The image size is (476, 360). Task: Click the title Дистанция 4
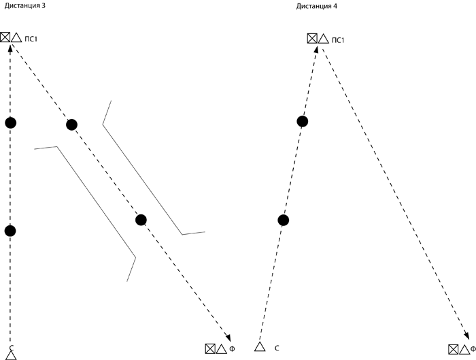tap(317, 5)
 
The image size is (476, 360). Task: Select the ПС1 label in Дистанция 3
tap(32, 38)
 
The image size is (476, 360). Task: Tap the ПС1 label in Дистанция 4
tap(339, 39)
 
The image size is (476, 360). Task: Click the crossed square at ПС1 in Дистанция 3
tap(5, 37)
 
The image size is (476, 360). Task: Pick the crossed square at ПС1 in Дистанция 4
tap(312, 39)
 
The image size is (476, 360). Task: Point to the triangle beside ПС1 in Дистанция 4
tap(324, 39)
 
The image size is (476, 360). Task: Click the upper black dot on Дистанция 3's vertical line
tap(10, 122)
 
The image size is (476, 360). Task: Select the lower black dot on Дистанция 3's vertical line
tap(10, 231)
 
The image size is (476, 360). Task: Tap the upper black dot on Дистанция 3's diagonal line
tap(71, 125)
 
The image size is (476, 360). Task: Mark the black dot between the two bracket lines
tap(141, 220)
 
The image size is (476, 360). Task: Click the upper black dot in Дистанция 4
tap(303, 121)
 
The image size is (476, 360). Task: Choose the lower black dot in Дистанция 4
tap(284, 219)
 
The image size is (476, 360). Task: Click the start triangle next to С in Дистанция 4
tap(259, 347)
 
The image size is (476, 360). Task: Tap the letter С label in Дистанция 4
tap(277, 348)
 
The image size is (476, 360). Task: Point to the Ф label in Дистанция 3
tap(232, 349)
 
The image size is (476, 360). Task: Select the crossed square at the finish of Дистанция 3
tap(210, 348)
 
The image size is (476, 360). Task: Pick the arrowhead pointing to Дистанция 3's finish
tap(228, 338)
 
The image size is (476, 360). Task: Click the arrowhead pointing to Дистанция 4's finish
tap(466, 335)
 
